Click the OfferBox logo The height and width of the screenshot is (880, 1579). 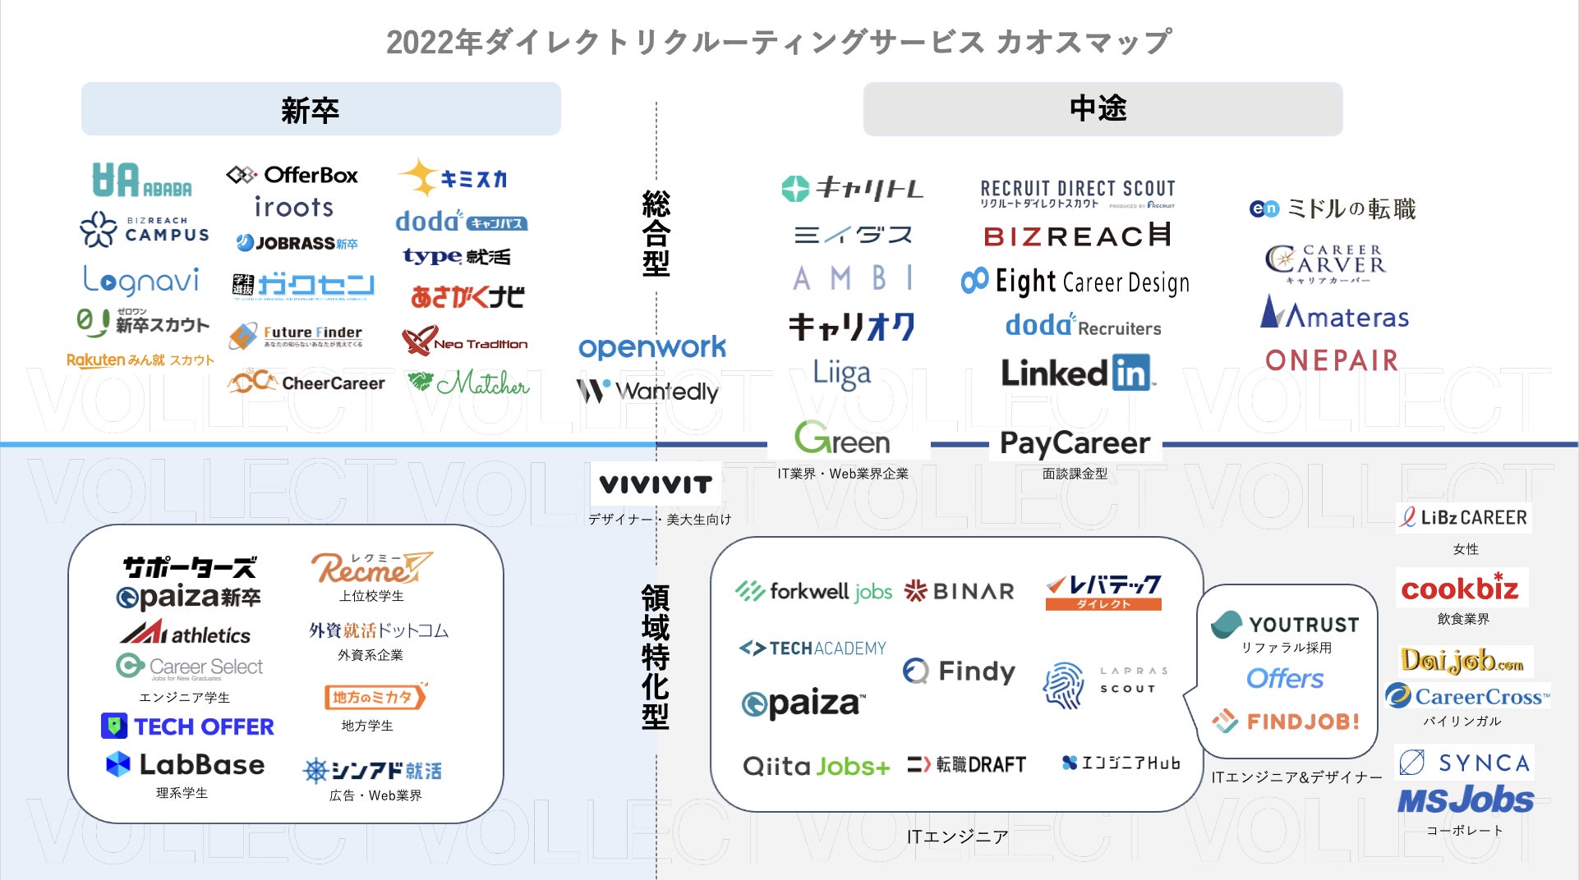(292, 175)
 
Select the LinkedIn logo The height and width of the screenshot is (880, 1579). (1077, 374)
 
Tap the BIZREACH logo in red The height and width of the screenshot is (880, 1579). (1077, 236)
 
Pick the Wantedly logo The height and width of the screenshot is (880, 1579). (648, 392)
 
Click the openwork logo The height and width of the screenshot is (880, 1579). (652, 347)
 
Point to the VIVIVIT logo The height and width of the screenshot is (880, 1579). (656, 485)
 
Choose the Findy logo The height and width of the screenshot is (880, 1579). (959, 671)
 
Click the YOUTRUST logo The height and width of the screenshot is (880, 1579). (1286, 625)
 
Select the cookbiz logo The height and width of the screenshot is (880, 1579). (1460, 588)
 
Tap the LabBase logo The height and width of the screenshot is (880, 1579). (186, 764)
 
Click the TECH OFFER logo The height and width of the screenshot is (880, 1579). (188, 726)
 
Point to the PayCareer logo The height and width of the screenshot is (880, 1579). (1075, 443)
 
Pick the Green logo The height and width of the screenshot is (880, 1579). (842, 439)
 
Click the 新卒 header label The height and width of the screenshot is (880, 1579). (311, 109)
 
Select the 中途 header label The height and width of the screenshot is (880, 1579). (1098, 108)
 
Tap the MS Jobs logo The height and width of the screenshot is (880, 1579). (1466, 800)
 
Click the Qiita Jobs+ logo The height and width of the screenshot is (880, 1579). (816, 767)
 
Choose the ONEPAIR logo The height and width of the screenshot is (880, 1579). (1331, 360)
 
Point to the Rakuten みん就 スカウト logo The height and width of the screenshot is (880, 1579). (140, 360)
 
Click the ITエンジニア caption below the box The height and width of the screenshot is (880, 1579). (957, 836)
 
